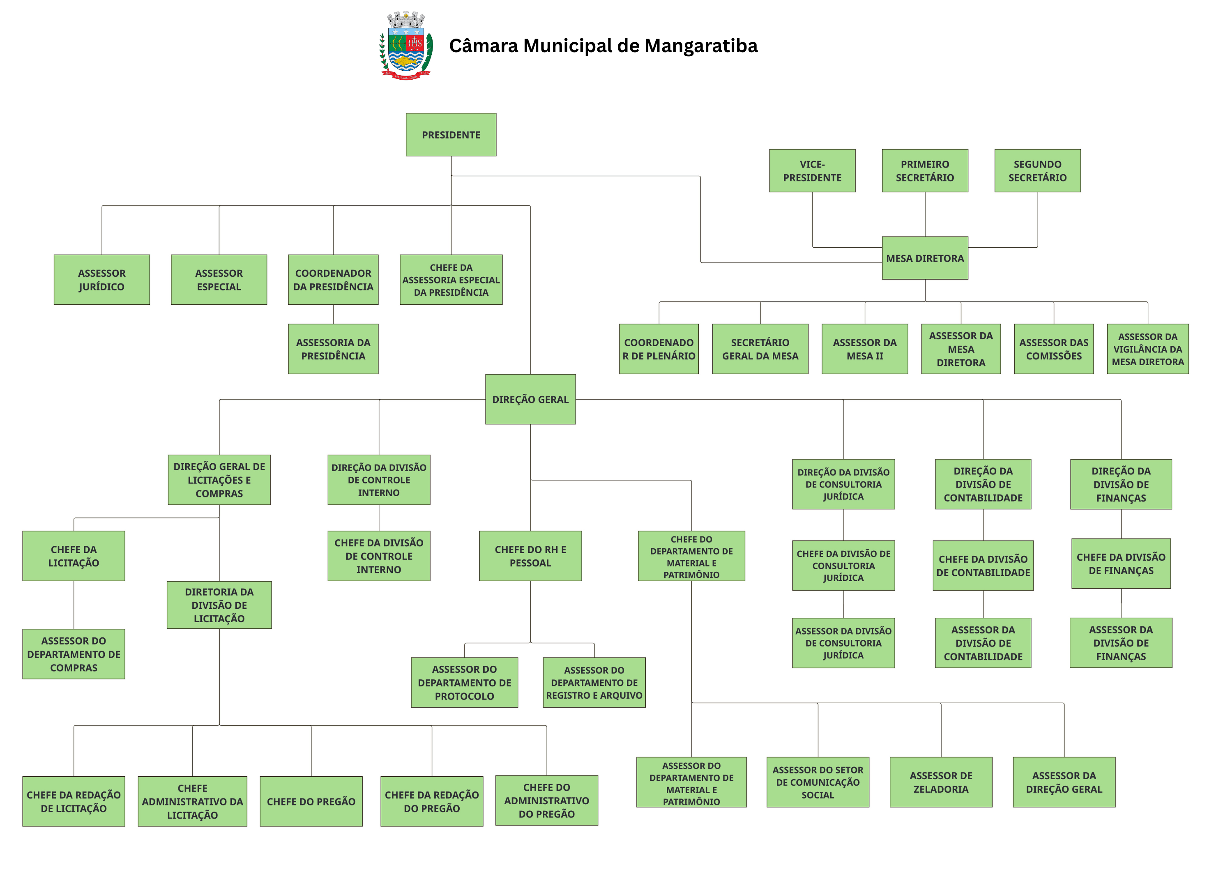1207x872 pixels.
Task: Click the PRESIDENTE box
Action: pos(451,135)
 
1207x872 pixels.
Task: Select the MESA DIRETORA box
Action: pos(924,258)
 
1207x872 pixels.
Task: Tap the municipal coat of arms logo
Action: pos(406,46)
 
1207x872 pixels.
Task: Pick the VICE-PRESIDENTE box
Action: pos(812,171)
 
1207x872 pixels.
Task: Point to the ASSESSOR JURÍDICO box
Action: pos(101,279)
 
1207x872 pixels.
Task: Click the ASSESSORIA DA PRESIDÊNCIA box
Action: pos(333,349)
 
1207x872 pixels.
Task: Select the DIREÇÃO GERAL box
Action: pos(530,399)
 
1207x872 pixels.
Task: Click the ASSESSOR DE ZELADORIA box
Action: pos(940,782)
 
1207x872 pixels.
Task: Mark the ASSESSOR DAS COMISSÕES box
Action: pos(1053,349)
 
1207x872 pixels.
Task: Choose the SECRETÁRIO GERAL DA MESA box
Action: pos(760,349)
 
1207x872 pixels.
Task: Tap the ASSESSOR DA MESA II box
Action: pos(864,349)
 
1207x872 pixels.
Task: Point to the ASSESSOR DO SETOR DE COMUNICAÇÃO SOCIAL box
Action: pos(818,782)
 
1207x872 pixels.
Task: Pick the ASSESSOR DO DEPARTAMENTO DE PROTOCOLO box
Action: pos(464,682)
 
